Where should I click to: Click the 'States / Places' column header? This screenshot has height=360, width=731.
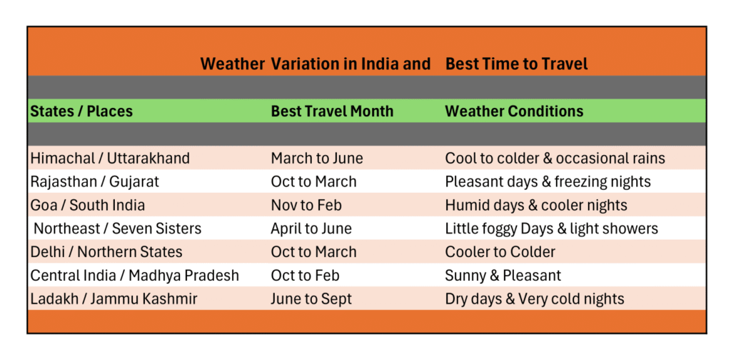tap(81, 111)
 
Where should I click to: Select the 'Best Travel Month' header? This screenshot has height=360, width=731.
tap(332, 111)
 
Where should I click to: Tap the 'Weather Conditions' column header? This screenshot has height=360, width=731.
tap(514, 111)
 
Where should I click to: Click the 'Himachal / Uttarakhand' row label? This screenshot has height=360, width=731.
tap(110, 159)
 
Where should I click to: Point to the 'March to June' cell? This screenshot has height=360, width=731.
tap(317, 159)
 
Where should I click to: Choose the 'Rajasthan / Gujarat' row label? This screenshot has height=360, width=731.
tap(95, 181)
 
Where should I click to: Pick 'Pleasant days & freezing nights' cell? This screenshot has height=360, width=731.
tap(548, 181)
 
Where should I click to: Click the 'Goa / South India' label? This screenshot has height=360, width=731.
tap(88, 205)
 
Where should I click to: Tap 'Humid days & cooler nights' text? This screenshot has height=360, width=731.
tap(536, 205)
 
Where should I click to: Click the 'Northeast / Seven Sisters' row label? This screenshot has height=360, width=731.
tap(118, 229)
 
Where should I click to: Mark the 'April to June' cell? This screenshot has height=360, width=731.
tap(311, 229)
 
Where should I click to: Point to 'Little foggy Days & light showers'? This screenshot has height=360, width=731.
tap(551, 229)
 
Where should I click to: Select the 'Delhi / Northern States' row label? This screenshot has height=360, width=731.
tap(106, 251)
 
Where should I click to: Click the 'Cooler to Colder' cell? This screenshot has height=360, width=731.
tap(500, 251)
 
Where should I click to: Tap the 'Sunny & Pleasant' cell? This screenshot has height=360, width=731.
tap(503, 275)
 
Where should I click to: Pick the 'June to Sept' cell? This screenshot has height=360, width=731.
tap(311, 299)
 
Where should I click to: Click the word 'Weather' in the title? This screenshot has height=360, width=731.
tap(232, 64)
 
